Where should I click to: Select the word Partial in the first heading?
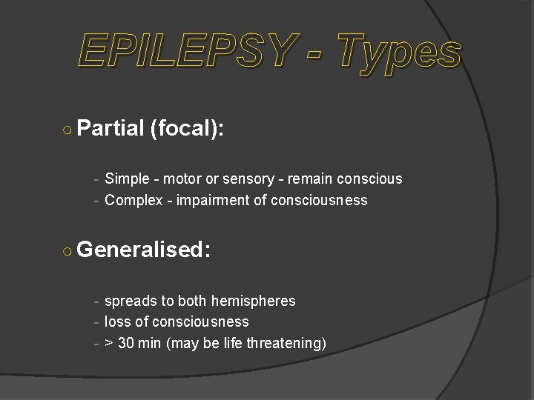[x=109, y=128]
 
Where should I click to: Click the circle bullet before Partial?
[x=67, y=130]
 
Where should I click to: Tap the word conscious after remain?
[x=369, y=179]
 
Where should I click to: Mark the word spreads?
[x=131, y=301]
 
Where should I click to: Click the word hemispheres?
[x=253, y=301]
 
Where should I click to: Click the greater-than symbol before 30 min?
[x=109, y=344]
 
